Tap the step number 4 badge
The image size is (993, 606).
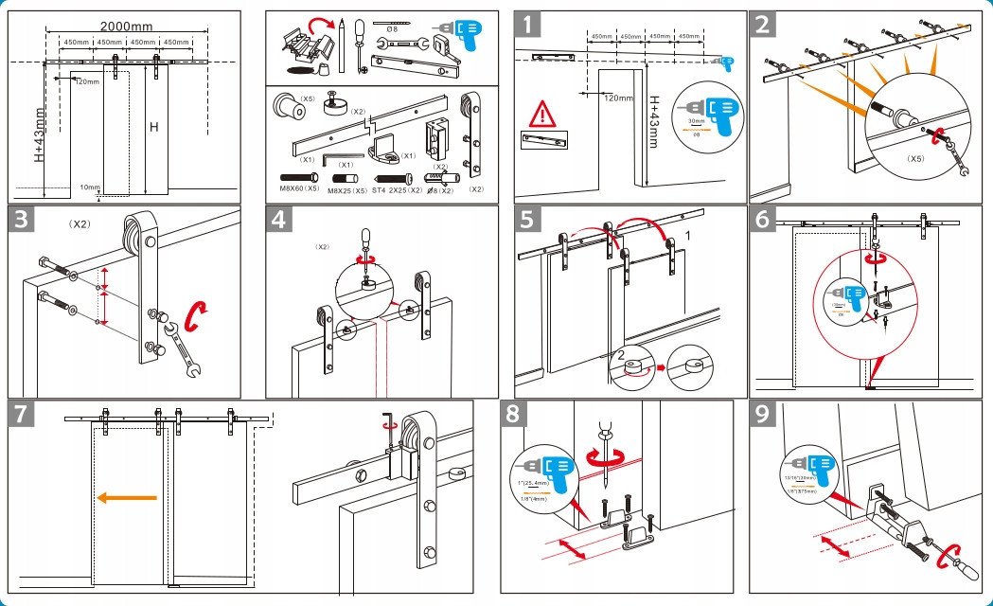(278, 219)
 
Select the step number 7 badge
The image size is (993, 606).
(23, 414)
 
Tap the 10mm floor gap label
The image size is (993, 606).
(90, 187)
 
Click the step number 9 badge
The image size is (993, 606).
(762, 414)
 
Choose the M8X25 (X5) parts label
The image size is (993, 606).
(350, 189)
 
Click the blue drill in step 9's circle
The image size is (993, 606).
(815, 465)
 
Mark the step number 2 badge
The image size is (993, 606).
(762, 24)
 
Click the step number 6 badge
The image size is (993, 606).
(763, 219)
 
